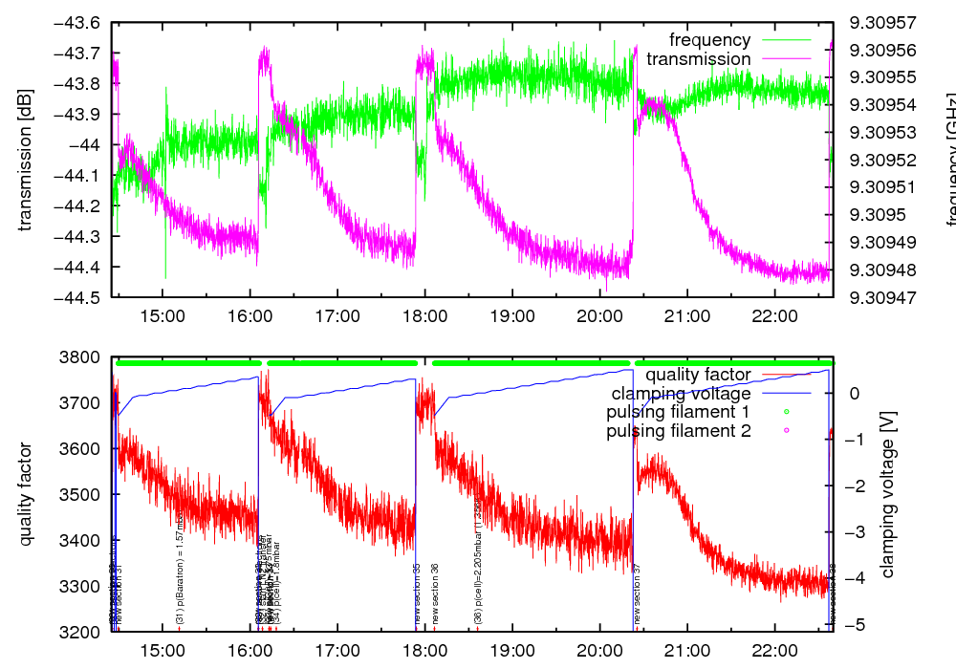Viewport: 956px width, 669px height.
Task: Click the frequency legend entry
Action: (709, 40)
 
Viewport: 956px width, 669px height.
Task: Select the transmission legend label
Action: (698, 59)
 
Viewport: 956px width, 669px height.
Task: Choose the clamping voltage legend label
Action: (681, 394)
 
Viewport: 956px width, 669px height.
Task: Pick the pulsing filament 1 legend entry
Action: (679, 413)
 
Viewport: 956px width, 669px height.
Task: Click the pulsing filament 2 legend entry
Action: (679, 432)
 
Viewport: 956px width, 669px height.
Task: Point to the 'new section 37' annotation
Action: (638, 593)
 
